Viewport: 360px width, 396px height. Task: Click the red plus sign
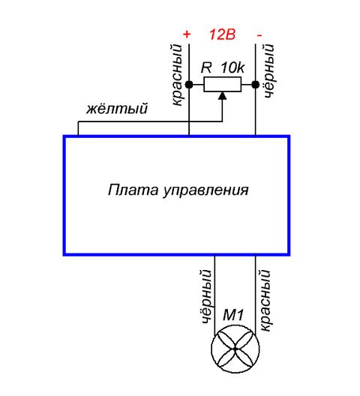187,34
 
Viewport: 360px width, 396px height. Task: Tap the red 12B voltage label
222,34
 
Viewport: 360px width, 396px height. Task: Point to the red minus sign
259,35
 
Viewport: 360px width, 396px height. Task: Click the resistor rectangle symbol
222,84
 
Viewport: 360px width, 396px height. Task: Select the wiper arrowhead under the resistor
222,95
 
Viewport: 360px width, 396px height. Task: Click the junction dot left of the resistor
189,85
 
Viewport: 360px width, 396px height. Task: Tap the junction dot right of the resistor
256,85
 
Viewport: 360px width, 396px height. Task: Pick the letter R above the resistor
206,67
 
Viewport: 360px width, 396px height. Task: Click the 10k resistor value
232,67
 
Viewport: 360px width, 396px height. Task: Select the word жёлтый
117,109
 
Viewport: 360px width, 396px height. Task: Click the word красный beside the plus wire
177,75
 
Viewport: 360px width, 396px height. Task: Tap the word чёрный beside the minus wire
268,70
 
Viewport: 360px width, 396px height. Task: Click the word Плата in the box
133,190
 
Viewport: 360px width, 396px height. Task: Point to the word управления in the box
205,190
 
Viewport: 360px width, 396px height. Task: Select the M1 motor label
233,315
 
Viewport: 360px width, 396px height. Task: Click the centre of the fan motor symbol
235,349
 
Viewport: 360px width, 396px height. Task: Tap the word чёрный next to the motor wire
205,296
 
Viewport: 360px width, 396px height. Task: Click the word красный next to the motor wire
265,300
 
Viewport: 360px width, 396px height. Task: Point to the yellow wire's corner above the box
78,122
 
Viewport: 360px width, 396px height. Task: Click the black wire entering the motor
214,295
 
